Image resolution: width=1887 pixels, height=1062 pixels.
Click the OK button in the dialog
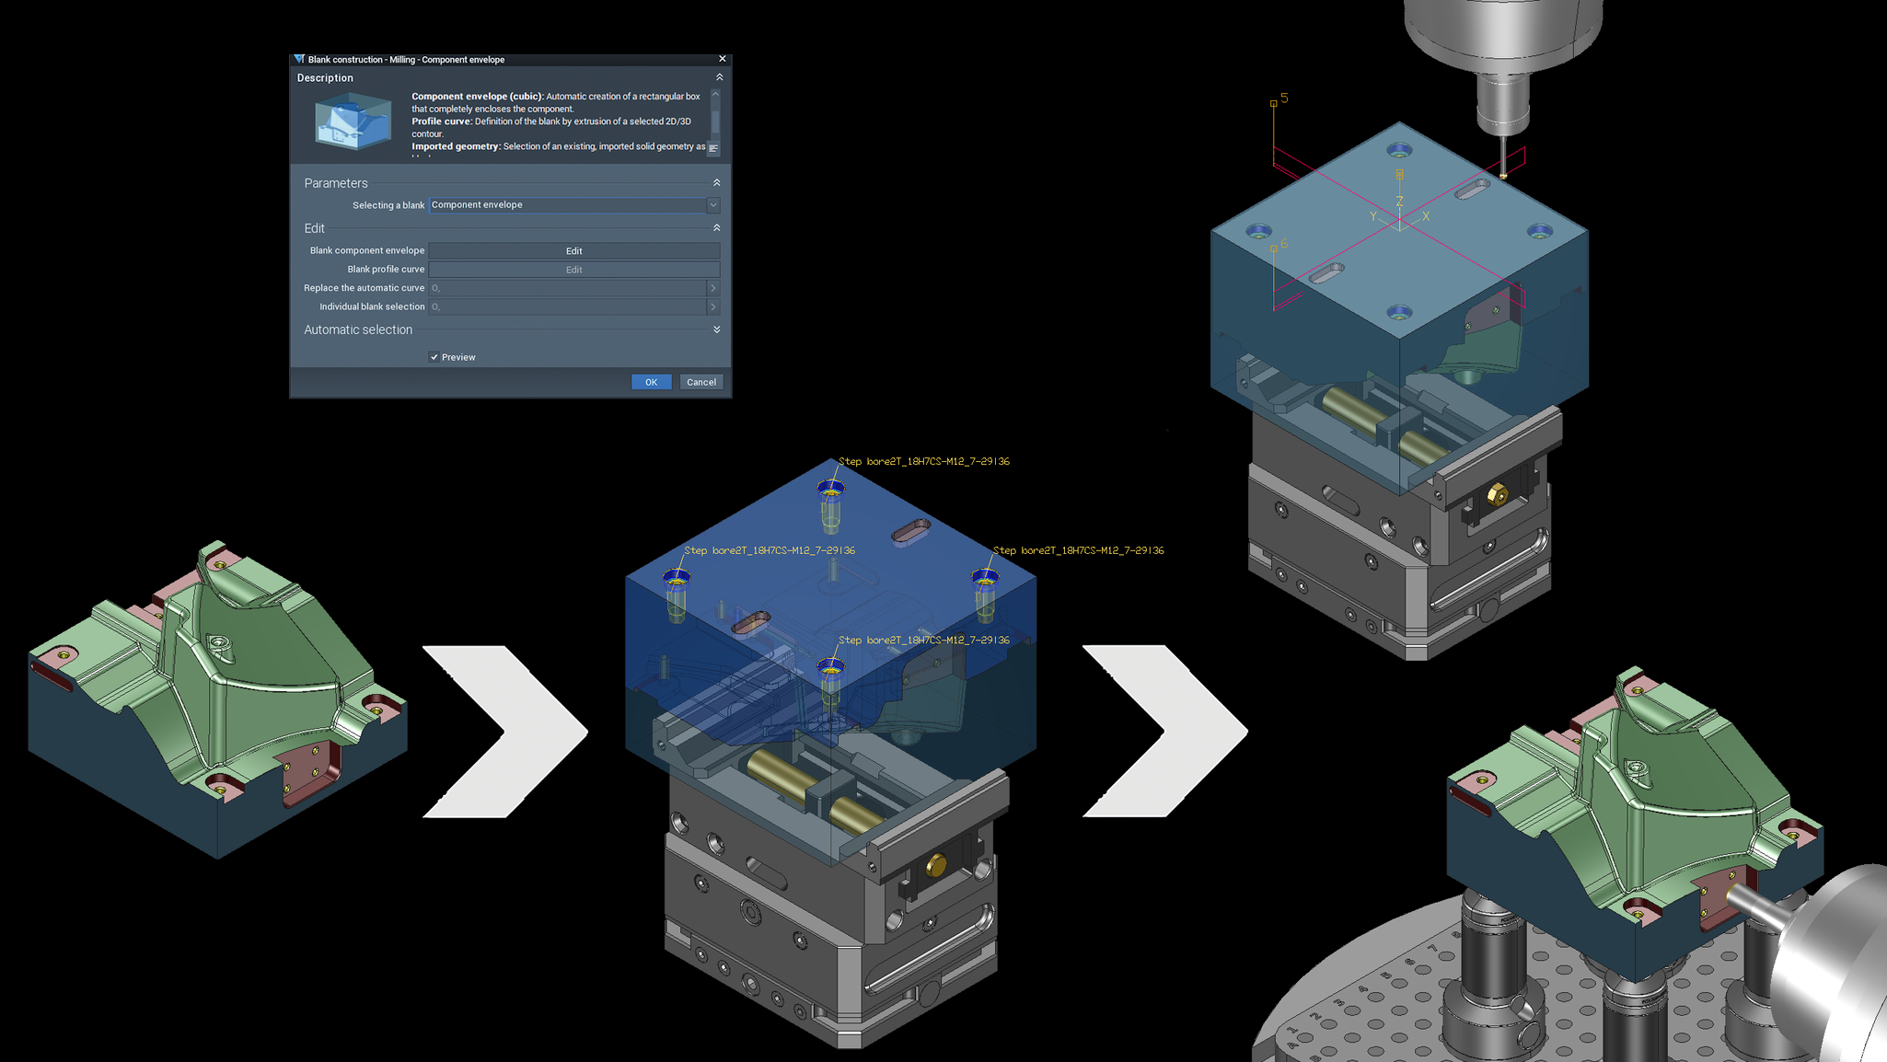(x=651, y=382)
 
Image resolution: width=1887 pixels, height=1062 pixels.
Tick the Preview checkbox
(x=434, y=357)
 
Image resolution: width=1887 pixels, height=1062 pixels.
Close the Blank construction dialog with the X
(x=723, y=59)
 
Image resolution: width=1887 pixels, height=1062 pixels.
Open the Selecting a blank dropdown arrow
(x=713, y=205)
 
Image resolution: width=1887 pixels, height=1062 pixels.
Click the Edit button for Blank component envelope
(x=573, y=250)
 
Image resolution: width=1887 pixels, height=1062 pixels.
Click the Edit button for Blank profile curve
(x=573, y=270)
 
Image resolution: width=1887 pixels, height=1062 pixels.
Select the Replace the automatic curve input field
(x=567, y=288)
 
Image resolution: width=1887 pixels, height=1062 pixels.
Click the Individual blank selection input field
(x=567, y=306)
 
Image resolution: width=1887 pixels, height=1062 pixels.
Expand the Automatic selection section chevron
(x=717, y=329)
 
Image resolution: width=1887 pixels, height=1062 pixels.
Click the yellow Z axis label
(x=1399, y=202)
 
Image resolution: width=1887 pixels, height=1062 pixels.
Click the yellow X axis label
(x=1426, y=216)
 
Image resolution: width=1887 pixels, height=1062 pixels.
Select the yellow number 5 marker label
(x=1284, y=98)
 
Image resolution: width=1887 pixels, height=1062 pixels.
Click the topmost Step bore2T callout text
(x=924, y=461)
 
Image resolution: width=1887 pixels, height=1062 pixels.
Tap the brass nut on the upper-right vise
(x=1497, y=495)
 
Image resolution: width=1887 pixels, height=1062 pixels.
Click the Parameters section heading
(x=336, y=183)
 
